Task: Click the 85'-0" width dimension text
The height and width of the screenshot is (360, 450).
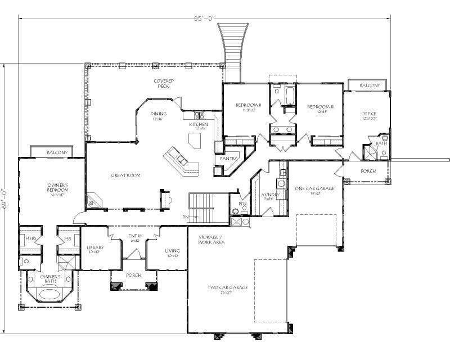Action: tap(204, 18)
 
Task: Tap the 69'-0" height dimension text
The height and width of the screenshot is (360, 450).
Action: tap(5, 198)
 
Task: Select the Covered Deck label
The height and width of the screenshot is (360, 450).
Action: tap(164, 83)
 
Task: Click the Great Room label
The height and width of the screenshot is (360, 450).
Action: tap(125, 175)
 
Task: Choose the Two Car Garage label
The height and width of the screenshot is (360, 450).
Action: tap(228, 287)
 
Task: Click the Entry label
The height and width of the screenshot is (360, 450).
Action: tap(135, 236)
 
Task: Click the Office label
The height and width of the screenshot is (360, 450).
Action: tap(369, 114)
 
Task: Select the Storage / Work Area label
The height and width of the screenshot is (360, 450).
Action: tap(212, 240)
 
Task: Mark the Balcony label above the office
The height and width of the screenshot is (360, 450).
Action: tap(370, 85)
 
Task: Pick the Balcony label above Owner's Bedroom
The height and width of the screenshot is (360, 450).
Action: tap(57, 152)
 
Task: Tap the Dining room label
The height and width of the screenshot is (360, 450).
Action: tap(159, 114)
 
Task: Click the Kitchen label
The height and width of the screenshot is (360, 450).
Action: tap(198, 124)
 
